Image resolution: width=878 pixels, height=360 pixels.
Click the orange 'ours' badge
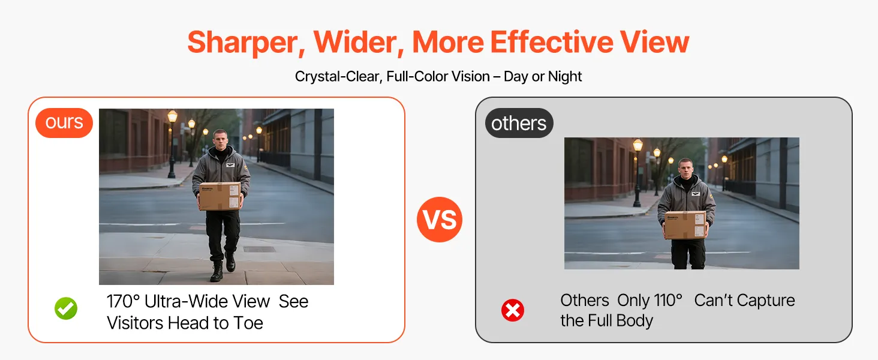[64, 123]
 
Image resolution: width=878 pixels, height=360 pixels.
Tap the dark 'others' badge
[519, 123]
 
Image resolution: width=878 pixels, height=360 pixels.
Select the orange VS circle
[440, 220]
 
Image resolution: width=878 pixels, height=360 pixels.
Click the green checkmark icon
[66, 308]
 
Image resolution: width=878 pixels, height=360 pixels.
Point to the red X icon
[513, 311]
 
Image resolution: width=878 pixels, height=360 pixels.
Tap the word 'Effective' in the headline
[552, 41]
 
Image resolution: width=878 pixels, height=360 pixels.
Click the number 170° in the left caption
[123, 302]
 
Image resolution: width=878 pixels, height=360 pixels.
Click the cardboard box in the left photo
[220, 196]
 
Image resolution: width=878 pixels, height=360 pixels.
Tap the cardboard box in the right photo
[685, 225]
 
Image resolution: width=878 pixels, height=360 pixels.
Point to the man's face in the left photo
[221, 140]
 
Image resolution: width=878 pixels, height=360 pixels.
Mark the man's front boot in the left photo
[217, 271]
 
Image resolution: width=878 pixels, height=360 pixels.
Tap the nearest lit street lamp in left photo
[172, 116]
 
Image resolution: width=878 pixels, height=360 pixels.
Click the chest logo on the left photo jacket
[230, 165]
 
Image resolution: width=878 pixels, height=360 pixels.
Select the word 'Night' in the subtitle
[565, 76]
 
